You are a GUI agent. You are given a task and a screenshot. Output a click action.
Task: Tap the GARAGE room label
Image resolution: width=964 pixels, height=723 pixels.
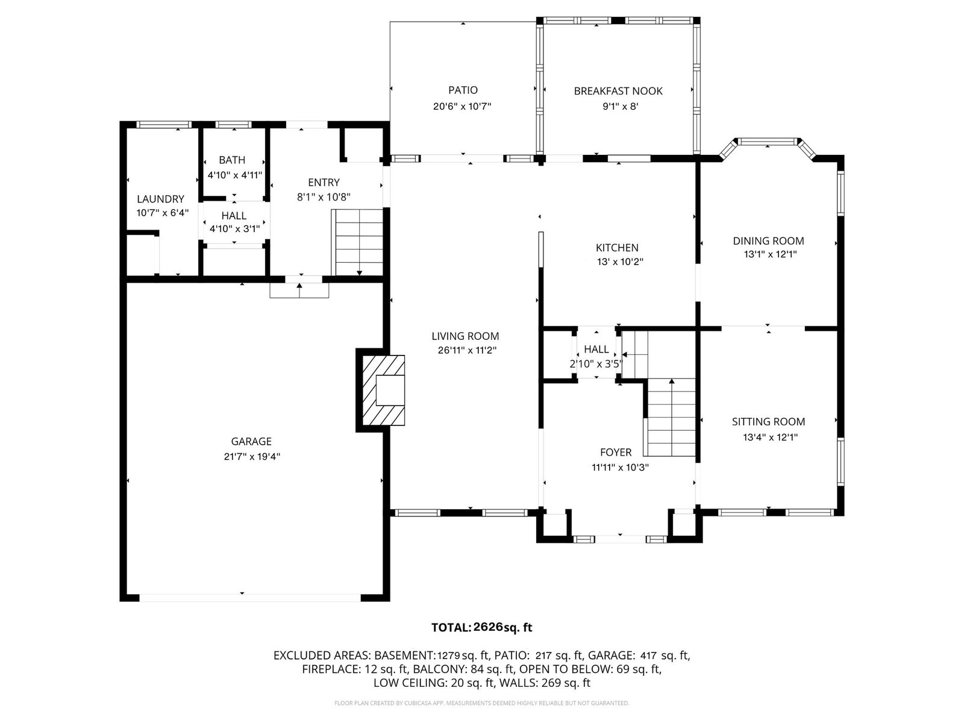251,441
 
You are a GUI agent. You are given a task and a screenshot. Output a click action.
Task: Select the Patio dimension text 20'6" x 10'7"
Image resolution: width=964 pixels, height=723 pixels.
462,106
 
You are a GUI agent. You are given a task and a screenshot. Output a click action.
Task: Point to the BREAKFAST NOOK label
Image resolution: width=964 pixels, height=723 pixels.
618,91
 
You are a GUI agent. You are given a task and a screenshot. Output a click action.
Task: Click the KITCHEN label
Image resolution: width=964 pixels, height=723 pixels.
617,248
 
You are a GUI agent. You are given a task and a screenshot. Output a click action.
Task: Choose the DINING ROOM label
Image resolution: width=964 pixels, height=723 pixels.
769,240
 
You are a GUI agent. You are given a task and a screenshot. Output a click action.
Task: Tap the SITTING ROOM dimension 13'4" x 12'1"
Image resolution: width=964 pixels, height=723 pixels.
771,437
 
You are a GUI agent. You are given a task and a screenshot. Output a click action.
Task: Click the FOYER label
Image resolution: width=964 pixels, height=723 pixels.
616,452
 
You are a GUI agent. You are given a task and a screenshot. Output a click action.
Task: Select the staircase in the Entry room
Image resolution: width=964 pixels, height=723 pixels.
357,242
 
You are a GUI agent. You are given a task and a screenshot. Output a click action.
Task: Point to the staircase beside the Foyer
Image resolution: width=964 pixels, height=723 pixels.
670,417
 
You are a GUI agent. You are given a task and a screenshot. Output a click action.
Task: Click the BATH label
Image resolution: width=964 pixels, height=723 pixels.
232,160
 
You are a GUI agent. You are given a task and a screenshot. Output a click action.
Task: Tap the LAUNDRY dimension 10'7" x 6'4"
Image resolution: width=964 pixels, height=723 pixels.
163,213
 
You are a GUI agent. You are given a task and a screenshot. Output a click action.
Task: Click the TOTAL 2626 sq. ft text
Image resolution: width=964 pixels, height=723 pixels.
481,627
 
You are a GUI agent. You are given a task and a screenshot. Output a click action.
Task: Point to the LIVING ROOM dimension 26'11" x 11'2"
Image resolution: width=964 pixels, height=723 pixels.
467,350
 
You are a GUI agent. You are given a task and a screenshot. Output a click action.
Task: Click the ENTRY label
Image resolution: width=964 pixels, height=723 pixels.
324,182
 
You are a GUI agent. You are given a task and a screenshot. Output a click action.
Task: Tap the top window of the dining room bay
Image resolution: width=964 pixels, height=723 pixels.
767,142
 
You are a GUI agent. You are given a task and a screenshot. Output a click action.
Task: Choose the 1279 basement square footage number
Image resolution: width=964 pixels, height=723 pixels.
448,656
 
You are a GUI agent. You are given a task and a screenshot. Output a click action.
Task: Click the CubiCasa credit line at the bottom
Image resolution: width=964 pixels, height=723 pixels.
481,703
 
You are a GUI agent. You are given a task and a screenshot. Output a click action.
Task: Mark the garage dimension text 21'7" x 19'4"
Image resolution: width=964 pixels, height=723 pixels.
252,457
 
